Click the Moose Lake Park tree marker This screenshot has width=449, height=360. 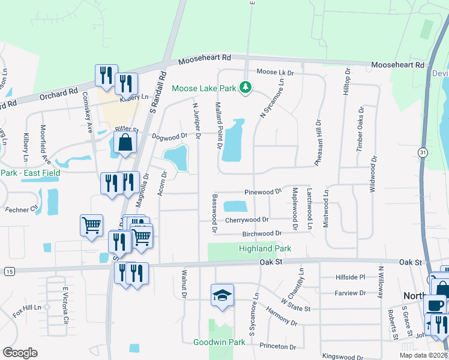(245, 88)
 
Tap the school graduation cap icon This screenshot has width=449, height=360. (222, 295)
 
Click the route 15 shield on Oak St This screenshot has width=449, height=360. (9, 272)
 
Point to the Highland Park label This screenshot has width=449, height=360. (265, 248)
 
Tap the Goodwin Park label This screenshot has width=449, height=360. (219, 342)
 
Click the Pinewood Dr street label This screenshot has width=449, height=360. (263, 192)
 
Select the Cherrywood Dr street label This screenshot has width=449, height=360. (247, 220)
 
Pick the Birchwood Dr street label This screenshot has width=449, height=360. (262, 233)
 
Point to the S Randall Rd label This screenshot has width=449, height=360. (157, 92)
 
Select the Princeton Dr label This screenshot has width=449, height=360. (278, 347)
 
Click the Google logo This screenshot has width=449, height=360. (20, 353)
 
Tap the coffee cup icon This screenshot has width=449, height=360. (435, 304)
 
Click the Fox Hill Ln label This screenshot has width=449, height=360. (28, 311)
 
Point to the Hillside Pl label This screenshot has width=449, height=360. (350, 278)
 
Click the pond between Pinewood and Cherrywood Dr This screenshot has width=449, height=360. (235, 206)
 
